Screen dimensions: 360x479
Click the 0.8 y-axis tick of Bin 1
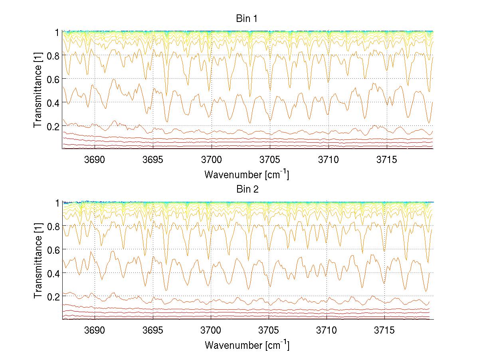[x=53, y=56]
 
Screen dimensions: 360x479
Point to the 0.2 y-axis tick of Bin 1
[x=53, y=126]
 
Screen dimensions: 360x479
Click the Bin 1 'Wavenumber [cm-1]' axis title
[x=247, y=174]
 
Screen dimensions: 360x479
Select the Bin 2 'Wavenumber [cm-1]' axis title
[x=247, y=345]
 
